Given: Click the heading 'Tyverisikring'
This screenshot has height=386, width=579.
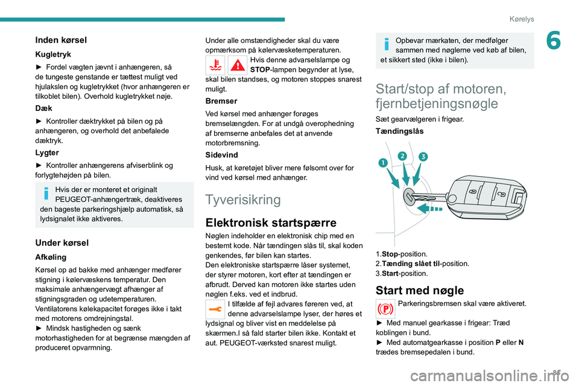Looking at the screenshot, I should pos(243,200).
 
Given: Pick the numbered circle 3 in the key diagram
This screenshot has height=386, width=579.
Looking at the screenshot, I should pos(423,157).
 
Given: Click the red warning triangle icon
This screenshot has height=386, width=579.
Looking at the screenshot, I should pos(237,65).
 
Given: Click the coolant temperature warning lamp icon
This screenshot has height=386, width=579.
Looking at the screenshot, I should pos(216,65).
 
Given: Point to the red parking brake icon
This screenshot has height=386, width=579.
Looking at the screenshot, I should pos(385,309).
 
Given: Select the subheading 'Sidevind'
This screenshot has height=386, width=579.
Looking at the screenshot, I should pos(223,155).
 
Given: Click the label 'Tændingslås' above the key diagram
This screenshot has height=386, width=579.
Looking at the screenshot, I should pos(399,131).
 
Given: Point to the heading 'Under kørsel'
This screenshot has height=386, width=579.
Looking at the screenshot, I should pos(62,242).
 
